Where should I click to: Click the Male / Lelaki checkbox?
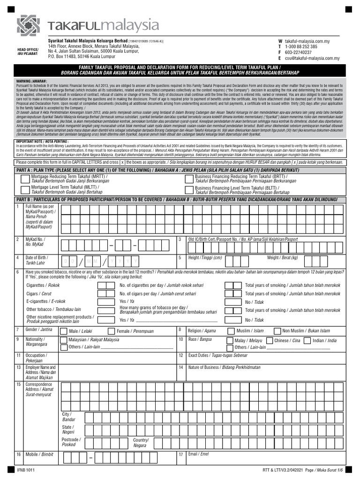pos(65,331)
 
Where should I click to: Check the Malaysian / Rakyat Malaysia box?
pos(65,340)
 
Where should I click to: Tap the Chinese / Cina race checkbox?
pos(270,340)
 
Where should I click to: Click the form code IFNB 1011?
pos(26,470)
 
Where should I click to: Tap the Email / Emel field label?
pos(198,454)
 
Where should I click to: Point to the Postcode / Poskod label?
pos(71,442)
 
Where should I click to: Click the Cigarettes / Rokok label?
pos(43,285)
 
